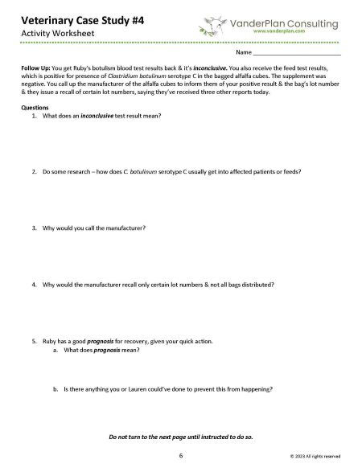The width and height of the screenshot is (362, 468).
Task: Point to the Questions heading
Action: click(37, 107)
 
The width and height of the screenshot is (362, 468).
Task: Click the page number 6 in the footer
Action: click(181, 454)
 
